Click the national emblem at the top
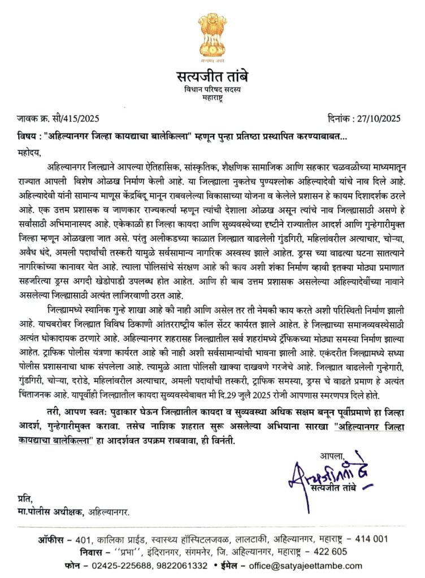(x=212, y=35)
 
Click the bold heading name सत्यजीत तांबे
(x=212, y=76)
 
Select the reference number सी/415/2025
(x=79, y=119)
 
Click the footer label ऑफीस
(x=53, y=538)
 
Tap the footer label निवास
(x=53, y=551)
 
